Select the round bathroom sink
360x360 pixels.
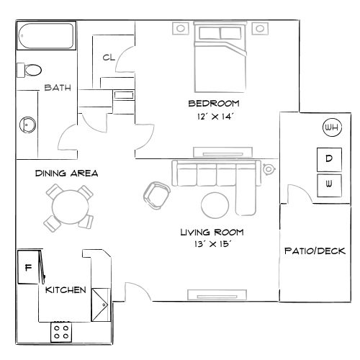click(27, 124)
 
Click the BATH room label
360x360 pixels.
click(57, 88)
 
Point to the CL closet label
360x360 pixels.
click(109, 58)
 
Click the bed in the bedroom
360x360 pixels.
click(220, 58)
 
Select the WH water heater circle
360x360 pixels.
click(332, 128)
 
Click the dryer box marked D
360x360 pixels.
click(328, 158)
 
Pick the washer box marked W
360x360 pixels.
click(328, 184)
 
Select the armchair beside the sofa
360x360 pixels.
click(157, 192)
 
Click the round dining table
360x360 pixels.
click(70, 207)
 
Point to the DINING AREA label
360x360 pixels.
click(66, 174)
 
